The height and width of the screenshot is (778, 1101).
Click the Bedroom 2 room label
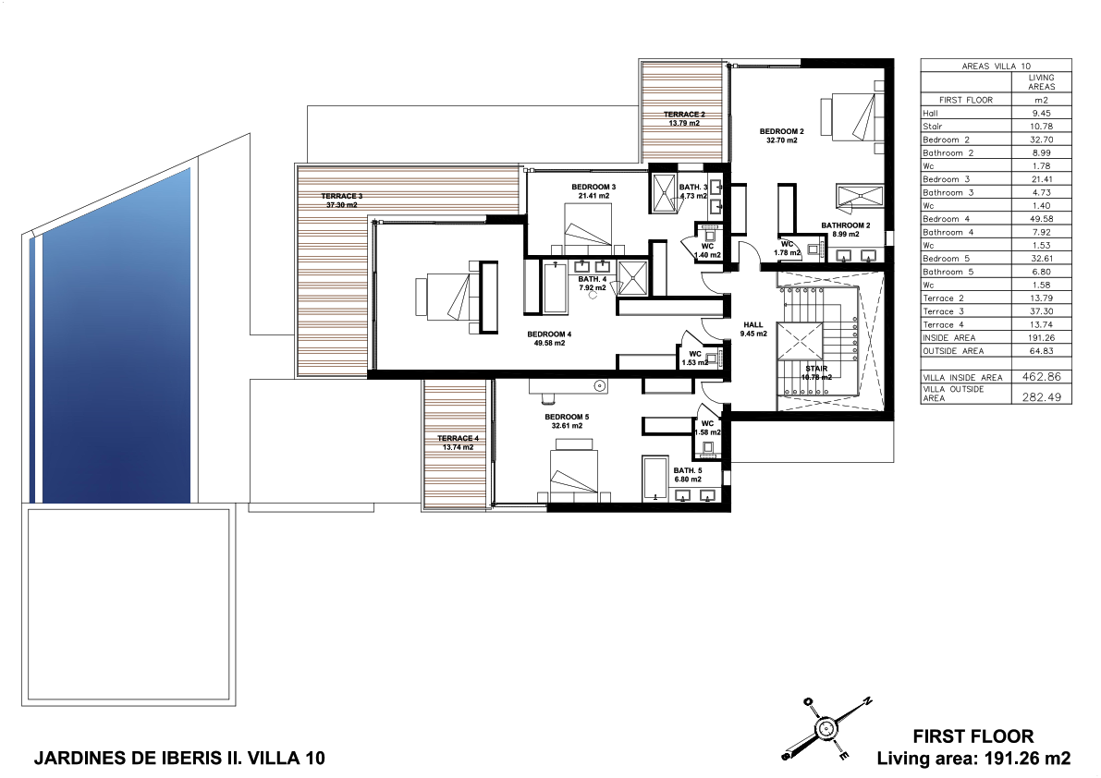781,136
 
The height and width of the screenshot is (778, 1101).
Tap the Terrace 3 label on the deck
342,201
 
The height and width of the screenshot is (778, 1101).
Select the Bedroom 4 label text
549,339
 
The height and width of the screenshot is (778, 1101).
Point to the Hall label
753,329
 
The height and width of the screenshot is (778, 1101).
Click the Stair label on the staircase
816,372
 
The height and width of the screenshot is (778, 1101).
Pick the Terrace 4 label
458,443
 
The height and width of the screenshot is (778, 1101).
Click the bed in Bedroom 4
457,297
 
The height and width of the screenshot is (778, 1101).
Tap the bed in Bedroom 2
852,115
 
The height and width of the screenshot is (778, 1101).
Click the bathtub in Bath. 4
556,287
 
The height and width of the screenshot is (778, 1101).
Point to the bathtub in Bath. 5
655,478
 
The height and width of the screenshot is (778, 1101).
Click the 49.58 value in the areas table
1041,219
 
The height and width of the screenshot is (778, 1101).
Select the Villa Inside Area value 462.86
1041,377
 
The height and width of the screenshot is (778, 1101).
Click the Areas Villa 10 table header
996,66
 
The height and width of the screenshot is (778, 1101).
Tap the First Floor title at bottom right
973,736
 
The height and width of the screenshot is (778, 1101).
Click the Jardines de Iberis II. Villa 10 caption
179,759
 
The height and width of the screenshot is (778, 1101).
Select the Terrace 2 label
684,118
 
